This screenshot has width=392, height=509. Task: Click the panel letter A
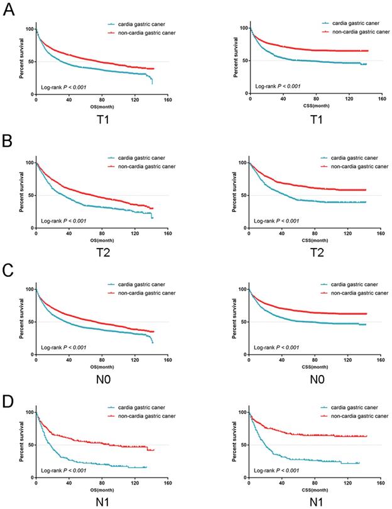9,13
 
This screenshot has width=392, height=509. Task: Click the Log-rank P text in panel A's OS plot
63,87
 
